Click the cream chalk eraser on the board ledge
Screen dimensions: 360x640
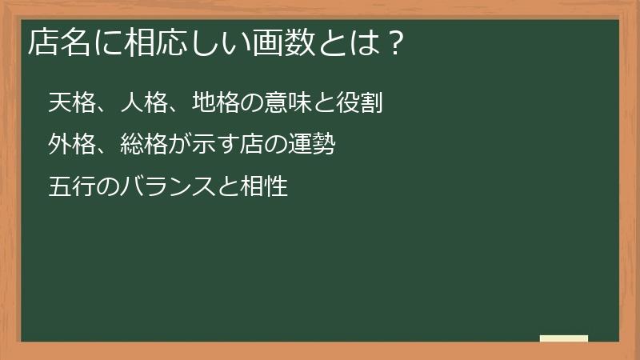564,339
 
